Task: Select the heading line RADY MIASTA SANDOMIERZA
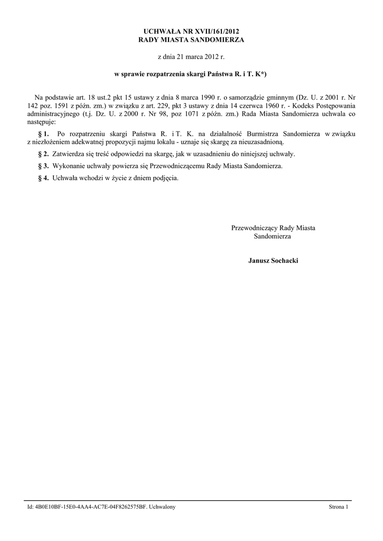coord(191,40)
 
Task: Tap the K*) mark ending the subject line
coord(261,75)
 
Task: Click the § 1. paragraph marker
coord(44,134)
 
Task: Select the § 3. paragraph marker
coord(44,166)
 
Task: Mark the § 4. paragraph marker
coord(44,178)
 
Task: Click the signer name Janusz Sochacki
coord(273,261)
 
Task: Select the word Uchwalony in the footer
coord(163,507)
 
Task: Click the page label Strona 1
coord(339,507)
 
